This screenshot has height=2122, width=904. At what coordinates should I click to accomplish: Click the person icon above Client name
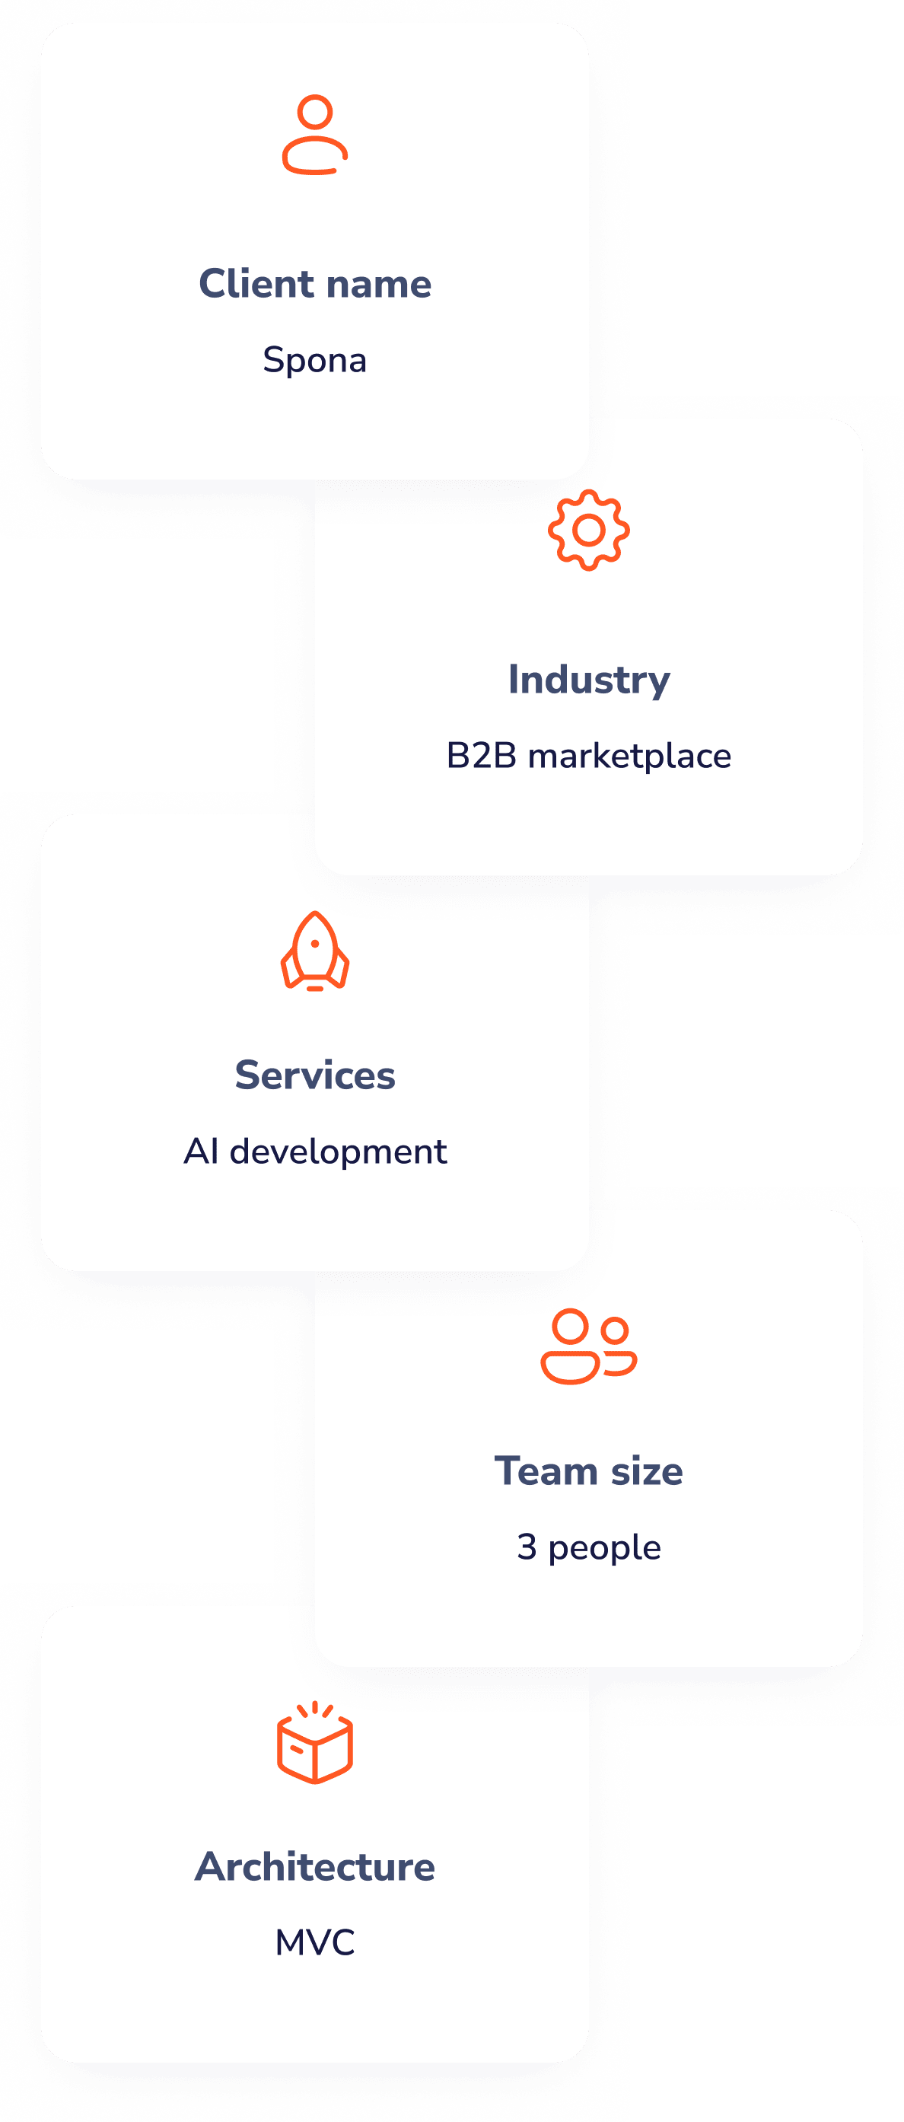314,135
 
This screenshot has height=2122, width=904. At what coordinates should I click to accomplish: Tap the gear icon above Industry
589,530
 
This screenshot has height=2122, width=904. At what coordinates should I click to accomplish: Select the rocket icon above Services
314,951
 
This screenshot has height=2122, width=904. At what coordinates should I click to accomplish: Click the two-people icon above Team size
589,1345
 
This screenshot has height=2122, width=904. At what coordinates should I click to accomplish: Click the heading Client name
314,284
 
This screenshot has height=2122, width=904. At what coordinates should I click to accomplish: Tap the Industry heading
589,680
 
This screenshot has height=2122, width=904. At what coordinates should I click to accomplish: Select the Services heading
314,1075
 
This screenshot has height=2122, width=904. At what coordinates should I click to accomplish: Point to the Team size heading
589,1471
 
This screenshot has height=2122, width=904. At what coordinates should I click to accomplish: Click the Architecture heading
314,1866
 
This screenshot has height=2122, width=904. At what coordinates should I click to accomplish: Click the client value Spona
314,360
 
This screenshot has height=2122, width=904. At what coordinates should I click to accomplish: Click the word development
338,1152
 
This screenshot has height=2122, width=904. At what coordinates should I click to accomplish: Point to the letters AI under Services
201,1152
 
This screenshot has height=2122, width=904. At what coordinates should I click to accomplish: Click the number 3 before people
527,1547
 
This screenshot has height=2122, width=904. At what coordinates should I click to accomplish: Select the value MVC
314,1942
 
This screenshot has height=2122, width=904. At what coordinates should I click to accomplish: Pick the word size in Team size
646,1471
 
